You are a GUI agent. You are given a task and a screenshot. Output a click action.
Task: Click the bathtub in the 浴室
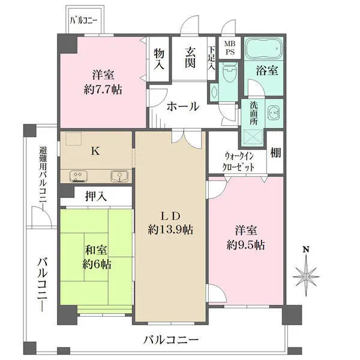pyautogui.click(x=263, y=49)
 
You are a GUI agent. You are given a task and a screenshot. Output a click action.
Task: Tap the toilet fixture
pyautogui.click(x=230, y=72)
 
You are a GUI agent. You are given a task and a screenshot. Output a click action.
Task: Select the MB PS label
pyautogui.click(x=230, y=48)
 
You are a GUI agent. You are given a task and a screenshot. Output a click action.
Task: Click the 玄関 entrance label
pyautogui.click(x=190, y=58)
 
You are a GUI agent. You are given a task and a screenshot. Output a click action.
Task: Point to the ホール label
pyautogui.click(x=183, y=107)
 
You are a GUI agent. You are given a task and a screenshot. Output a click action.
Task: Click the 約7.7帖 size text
pyautogui.click(x=103, y=89)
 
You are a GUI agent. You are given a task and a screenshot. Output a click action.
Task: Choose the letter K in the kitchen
pyautogui.click(x=95, y=151)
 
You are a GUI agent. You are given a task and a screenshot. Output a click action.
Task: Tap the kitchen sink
pyautogui.click(x=119, y=176)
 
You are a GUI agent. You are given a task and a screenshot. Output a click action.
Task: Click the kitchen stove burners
pyautogui.click(x=78, y=176)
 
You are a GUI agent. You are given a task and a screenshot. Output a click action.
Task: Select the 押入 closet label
pyautogui.click(x=96, y=196)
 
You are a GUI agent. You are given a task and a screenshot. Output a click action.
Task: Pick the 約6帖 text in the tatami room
pyautogui.click(x=97, y=265)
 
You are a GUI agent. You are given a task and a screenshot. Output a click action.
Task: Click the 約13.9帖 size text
pyautogui.click(x=170, y=230)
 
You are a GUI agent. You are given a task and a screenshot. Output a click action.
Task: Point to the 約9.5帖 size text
pyautogui.click(x=245, y=245)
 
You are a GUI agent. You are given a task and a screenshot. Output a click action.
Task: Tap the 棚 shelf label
pyautogui.click(x=275, y=152)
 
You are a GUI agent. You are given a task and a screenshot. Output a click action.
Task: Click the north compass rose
pyautogui.click(x=305, y=277)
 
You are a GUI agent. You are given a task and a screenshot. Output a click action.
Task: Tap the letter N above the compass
pyautogui.click(x=305, y=250)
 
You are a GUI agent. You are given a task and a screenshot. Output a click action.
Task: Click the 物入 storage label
pyautogui.click(x=159, y=59)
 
